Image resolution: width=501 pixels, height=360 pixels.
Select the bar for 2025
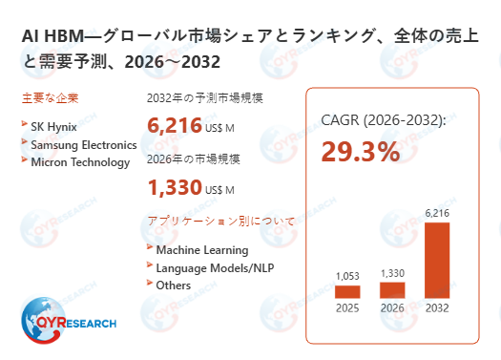pos(347,292)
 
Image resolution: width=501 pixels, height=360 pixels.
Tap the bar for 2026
pos(392,289)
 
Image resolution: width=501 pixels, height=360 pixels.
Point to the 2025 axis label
pos(347,308)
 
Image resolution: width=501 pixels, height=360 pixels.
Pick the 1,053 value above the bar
pos(347,276)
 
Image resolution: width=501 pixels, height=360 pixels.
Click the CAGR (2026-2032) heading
pos(383,121)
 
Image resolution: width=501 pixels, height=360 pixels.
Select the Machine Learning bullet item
pos(201,250)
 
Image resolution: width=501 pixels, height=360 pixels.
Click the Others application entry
pos(173,285)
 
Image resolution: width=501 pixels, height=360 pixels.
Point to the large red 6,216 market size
pos(175,125)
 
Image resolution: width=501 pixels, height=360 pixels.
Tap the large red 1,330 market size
pos(174,186)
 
